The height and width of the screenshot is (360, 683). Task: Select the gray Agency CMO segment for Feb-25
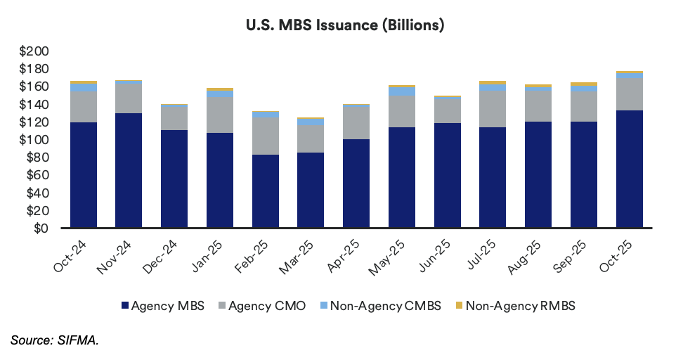[x=266, y=136]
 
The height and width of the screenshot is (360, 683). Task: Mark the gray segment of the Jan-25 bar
[x=220, y=115]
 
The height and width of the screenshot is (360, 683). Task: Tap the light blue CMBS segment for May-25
[x=402, y=91]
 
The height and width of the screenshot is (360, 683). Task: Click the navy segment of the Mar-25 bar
[x=311, y=190]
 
